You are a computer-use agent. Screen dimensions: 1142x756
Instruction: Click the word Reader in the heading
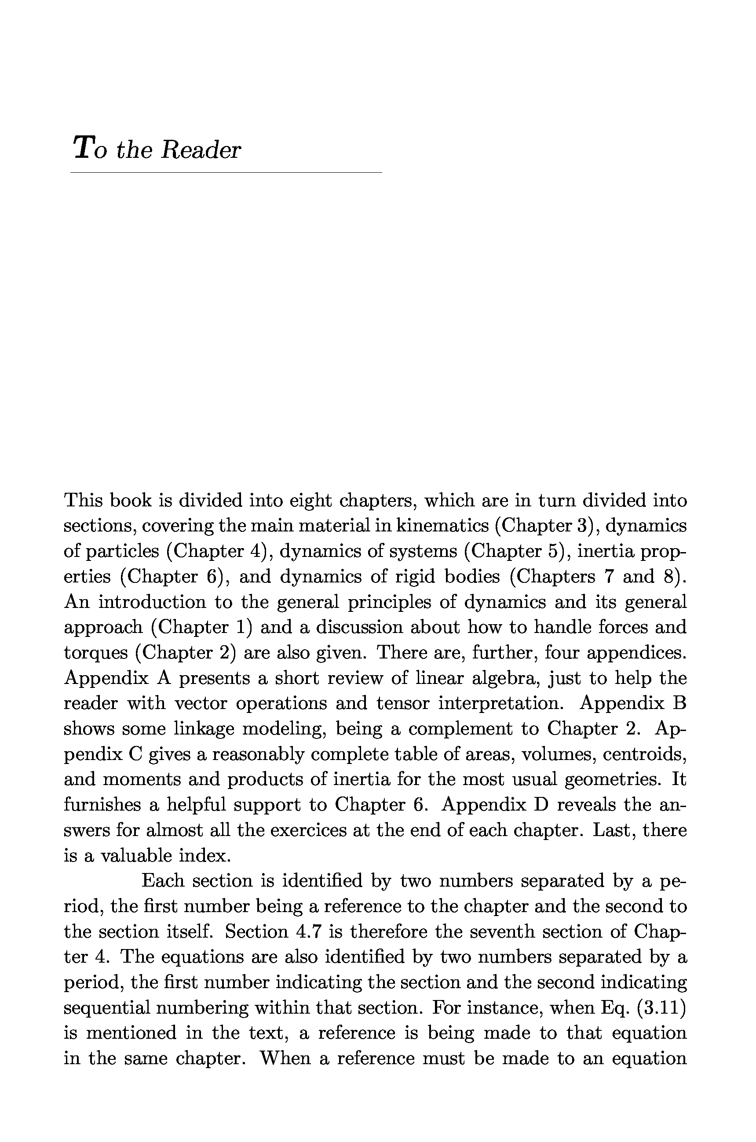[x=201, y=149]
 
